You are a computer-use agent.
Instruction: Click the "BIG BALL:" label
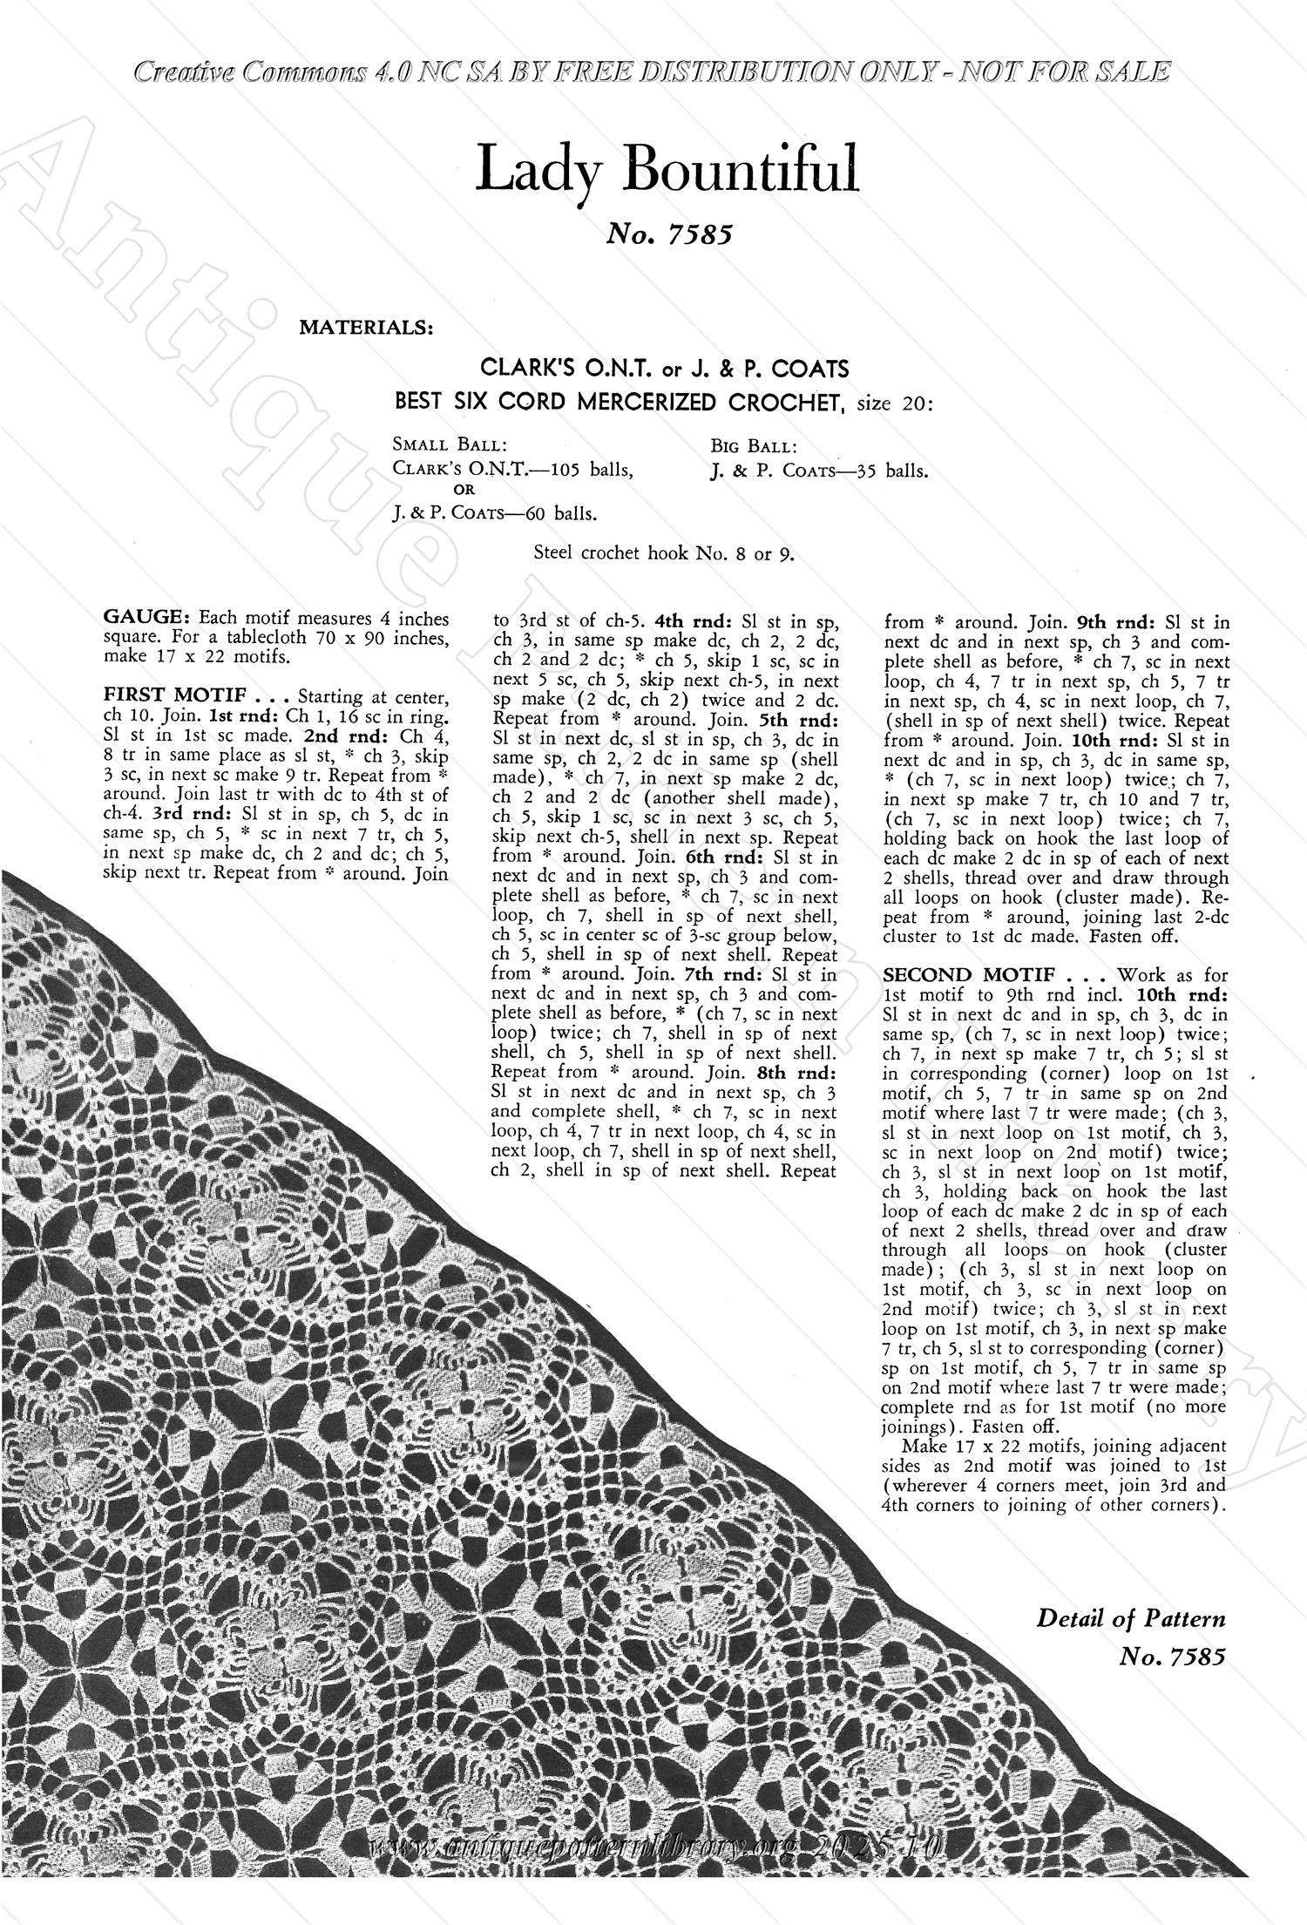753,447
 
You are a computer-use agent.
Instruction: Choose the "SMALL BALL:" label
437,444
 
